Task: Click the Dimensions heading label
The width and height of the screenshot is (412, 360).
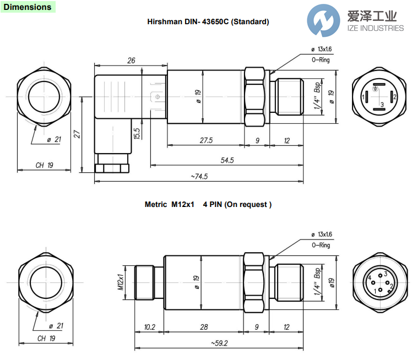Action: coord(27,7)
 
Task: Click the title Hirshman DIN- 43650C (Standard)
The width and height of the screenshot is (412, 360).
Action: coord(208,22)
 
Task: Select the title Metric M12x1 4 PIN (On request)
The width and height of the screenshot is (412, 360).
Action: coord(208,204)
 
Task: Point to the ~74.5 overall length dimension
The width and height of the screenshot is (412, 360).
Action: coord(199,176)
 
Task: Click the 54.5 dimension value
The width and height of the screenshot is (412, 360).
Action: coord(227,160)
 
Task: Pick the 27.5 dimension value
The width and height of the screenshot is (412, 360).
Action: coord(205,141)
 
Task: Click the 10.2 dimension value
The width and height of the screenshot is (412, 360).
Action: coord(149,327)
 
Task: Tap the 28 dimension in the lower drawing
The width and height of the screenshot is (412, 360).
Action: coord(204,327)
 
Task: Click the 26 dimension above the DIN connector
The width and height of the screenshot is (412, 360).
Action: coord(131,61)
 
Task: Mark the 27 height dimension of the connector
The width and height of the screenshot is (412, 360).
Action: coord(78,134)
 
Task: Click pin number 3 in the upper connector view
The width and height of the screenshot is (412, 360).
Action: coord(382,105)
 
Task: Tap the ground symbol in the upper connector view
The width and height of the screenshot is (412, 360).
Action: coord(376,88)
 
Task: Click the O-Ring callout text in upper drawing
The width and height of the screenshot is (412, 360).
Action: coord(321,59)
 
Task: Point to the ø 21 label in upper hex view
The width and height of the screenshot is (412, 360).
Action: coord(53,140)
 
